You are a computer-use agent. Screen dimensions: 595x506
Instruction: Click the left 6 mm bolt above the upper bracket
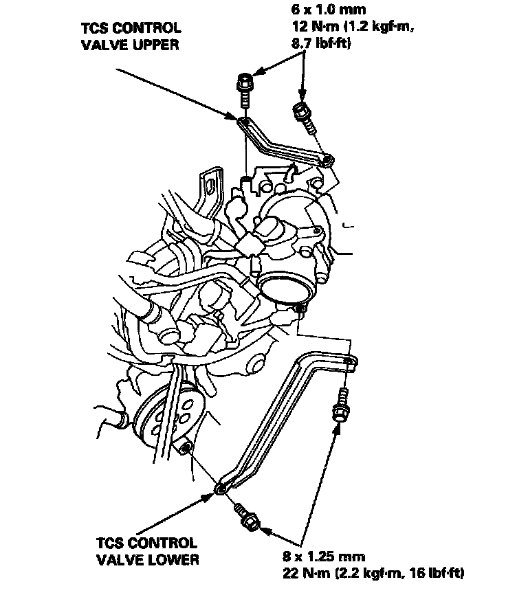pyautogui.click(x=244, y=85)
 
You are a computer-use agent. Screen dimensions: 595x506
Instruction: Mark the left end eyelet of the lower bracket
pyautogui.click(x=219, y=489)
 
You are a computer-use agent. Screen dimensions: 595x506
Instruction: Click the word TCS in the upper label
pyautogui.click(x=92, y=28)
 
